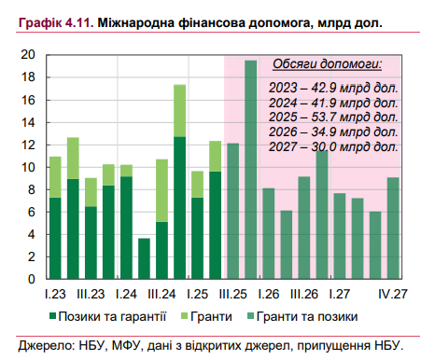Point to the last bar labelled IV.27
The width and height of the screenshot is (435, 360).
tap(393, 228)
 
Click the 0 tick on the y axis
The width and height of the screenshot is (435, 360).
tap(32, 279)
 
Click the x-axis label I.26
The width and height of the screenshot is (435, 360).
tap(268, 293)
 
